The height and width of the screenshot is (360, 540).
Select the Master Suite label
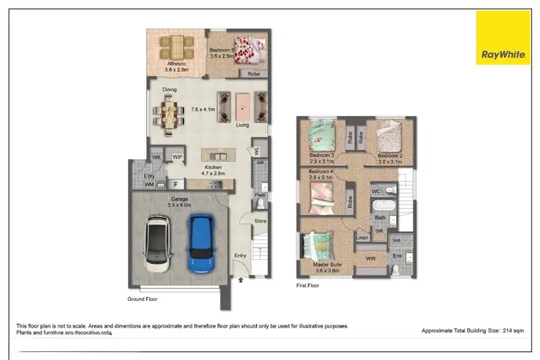coord(328,264)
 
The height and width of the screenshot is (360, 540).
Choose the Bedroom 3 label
coord(321,156)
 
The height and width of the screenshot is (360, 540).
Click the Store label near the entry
coord(260,221)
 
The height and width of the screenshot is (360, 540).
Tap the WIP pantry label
coord(176,158)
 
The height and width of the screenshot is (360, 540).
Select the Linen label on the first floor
coord(362,238)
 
